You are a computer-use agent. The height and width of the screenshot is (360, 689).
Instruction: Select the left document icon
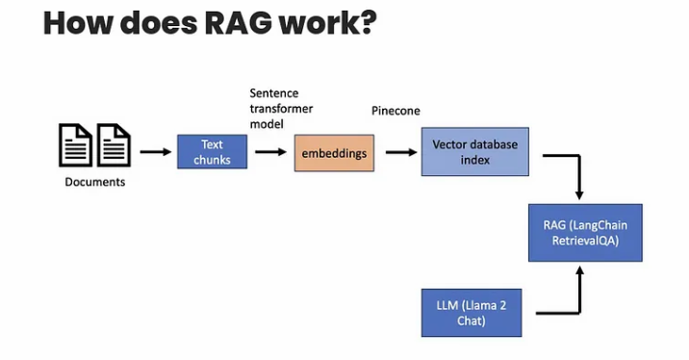[x=76, y=145]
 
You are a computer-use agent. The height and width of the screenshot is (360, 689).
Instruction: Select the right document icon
[x=113, y=145]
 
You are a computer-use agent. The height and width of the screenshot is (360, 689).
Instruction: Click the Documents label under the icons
[x=95, y=181]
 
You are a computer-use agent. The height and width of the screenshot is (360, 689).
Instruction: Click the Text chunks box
[x=212, y=152]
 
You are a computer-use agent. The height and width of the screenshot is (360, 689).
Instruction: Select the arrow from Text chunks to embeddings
[x=270, y=151]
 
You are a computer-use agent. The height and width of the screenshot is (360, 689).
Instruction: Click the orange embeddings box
[x=334, y=153]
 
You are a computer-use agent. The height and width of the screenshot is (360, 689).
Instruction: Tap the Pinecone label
[x=396, y=111]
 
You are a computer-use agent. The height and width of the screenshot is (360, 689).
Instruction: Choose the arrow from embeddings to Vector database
[x=396, y=151]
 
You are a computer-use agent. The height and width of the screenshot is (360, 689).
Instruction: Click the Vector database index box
[x=474, y=152]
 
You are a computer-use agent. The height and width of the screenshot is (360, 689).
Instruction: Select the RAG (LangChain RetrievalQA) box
[x=585, y=232]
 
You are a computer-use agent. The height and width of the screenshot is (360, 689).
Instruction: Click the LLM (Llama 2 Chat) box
[x=472, y=311]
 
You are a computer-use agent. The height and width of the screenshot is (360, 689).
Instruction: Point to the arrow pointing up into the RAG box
[x=579, y=289]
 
